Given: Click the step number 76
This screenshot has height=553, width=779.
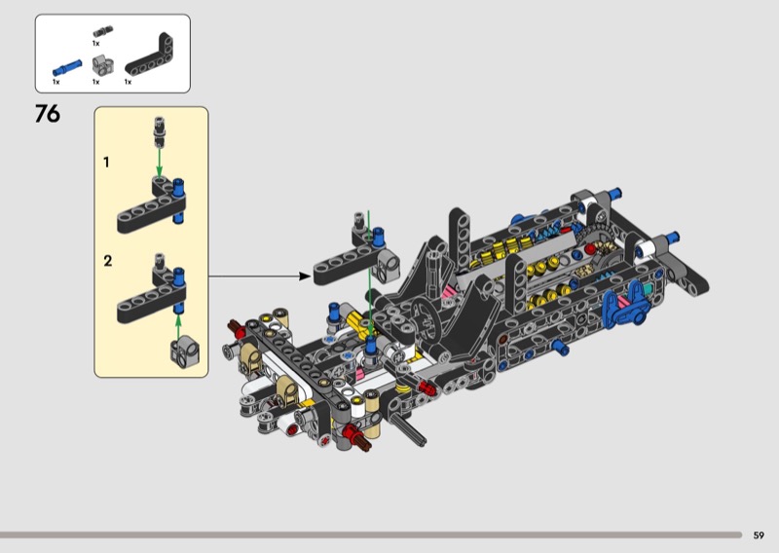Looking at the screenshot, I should tap(47, 114).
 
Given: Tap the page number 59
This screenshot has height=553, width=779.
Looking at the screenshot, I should tap(759, 535).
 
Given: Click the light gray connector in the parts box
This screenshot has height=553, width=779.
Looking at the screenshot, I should tap(98, 66).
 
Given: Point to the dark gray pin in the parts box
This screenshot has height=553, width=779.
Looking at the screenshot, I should tap(97, 32).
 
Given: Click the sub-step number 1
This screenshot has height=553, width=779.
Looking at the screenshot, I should tap(107, 162).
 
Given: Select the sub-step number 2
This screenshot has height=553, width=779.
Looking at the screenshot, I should tap(108, 261).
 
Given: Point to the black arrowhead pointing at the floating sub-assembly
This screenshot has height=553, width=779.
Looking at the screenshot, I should tap(304, 276).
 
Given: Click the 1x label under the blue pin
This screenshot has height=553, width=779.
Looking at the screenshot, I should tap(56, 83).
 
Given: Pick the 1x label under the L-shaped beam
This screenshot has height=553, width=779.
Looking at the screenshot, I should tap(128, 83).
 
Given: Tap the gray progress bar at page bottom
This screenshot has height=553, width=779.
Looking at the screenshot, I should tap(370, 535).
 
